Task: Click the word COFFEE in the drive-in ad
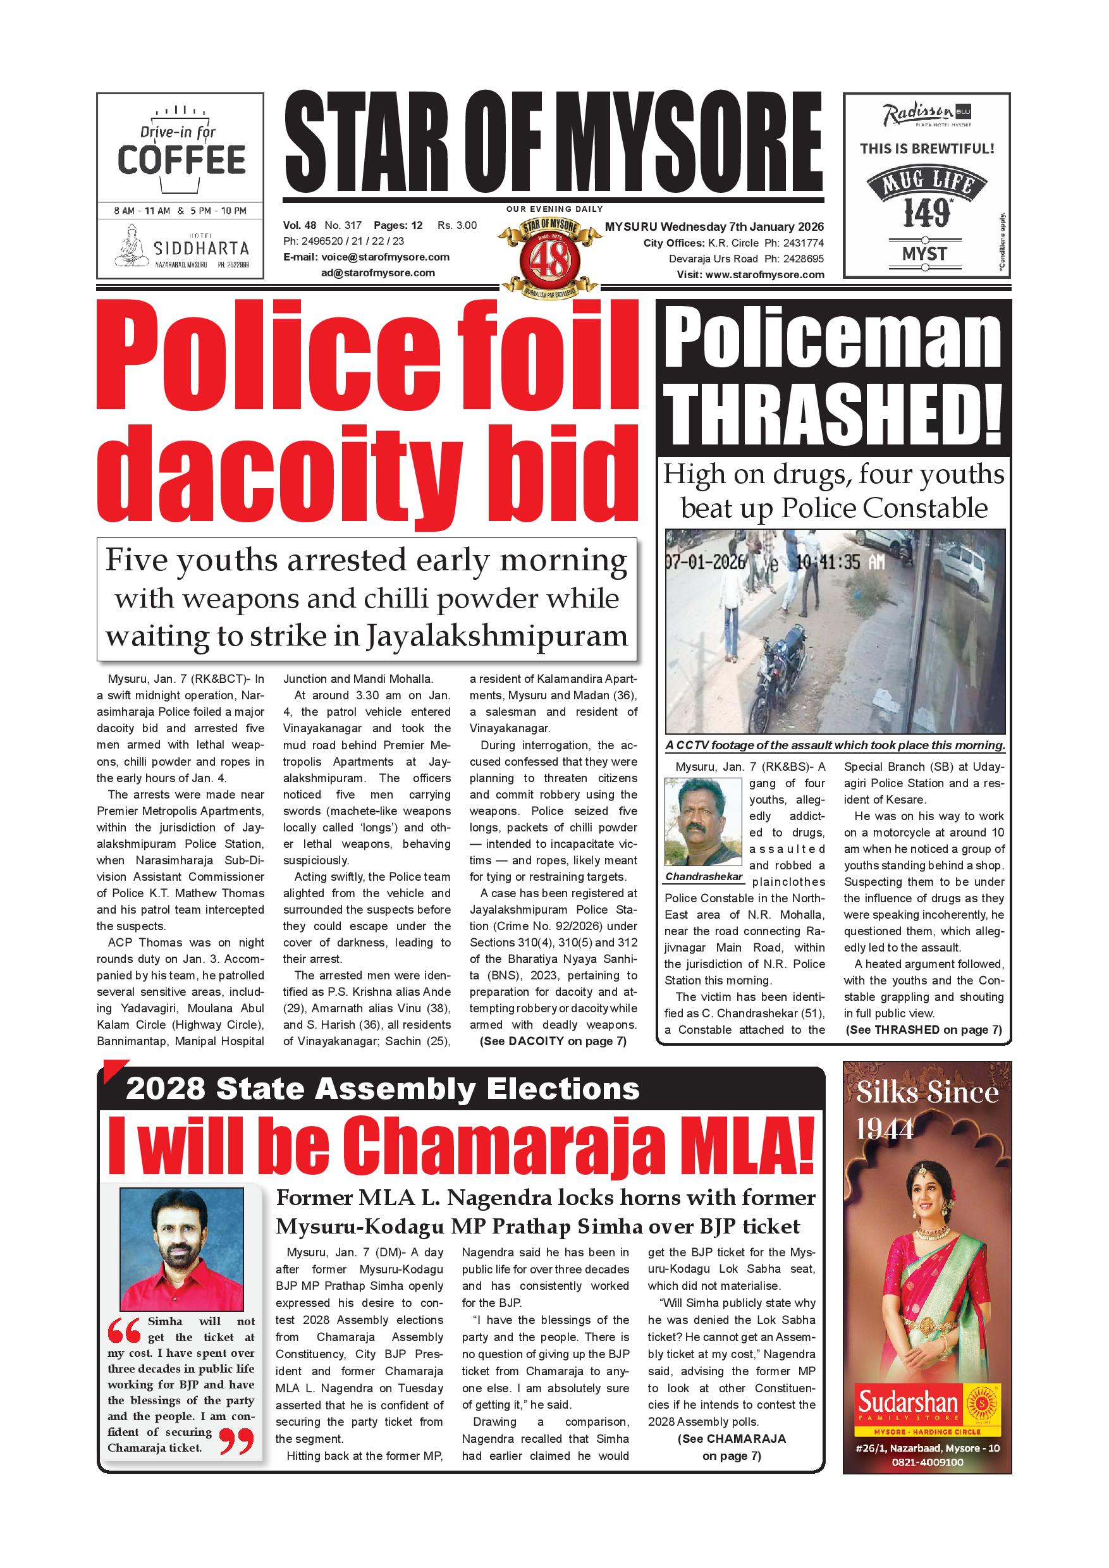181,161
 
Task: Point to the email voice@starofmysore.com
385,257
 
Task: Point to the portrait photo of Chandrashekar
702,821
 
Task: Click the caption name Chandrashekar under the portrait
703,876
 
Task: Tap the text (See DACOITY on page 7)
553,1041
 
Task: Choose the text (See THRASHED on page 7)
923,1030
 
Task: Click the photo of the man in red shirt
181,1250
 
